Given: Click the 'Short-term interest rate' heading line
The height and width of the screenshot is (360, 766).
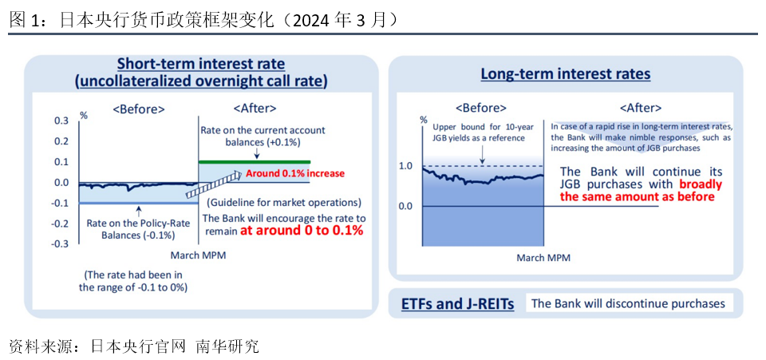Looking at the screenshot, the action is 201,64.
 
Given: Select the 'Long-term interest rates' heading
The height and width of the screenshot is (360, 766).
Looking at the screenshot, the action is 566,73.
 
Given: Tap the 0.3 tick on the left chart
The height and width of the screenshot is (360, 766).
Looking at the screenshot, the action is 62,121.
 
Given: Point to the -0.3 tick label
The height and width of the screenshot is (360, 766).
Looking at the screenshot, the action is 61,243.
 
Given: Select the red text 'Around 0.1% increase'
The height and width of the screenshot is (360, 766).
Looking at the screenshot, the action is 295,173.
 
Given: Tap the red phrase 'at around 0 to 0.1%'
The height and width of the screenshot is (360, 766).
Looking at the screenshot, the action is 302,231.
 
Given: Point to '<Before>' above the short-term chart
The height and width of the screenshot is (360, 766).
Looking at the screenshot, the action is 139,109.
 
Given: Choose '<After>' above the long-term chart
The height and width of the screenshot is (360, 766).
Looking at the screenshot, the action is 641,108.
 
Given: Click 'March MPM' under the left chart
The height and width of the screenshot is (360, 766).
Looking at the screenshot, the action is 198,255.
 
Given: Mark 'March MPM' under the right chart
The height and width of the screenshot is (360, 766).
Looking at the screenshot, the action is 543,257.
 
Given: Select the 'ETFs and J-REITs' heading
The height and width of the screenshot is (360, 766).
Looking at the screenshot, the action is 457,304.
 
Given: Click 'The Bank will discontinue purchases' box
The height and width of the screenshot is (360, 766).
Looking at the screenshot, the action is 628,303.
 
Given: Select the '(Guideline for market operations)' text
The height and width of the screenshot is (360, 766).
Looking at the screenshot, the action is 284,202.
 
